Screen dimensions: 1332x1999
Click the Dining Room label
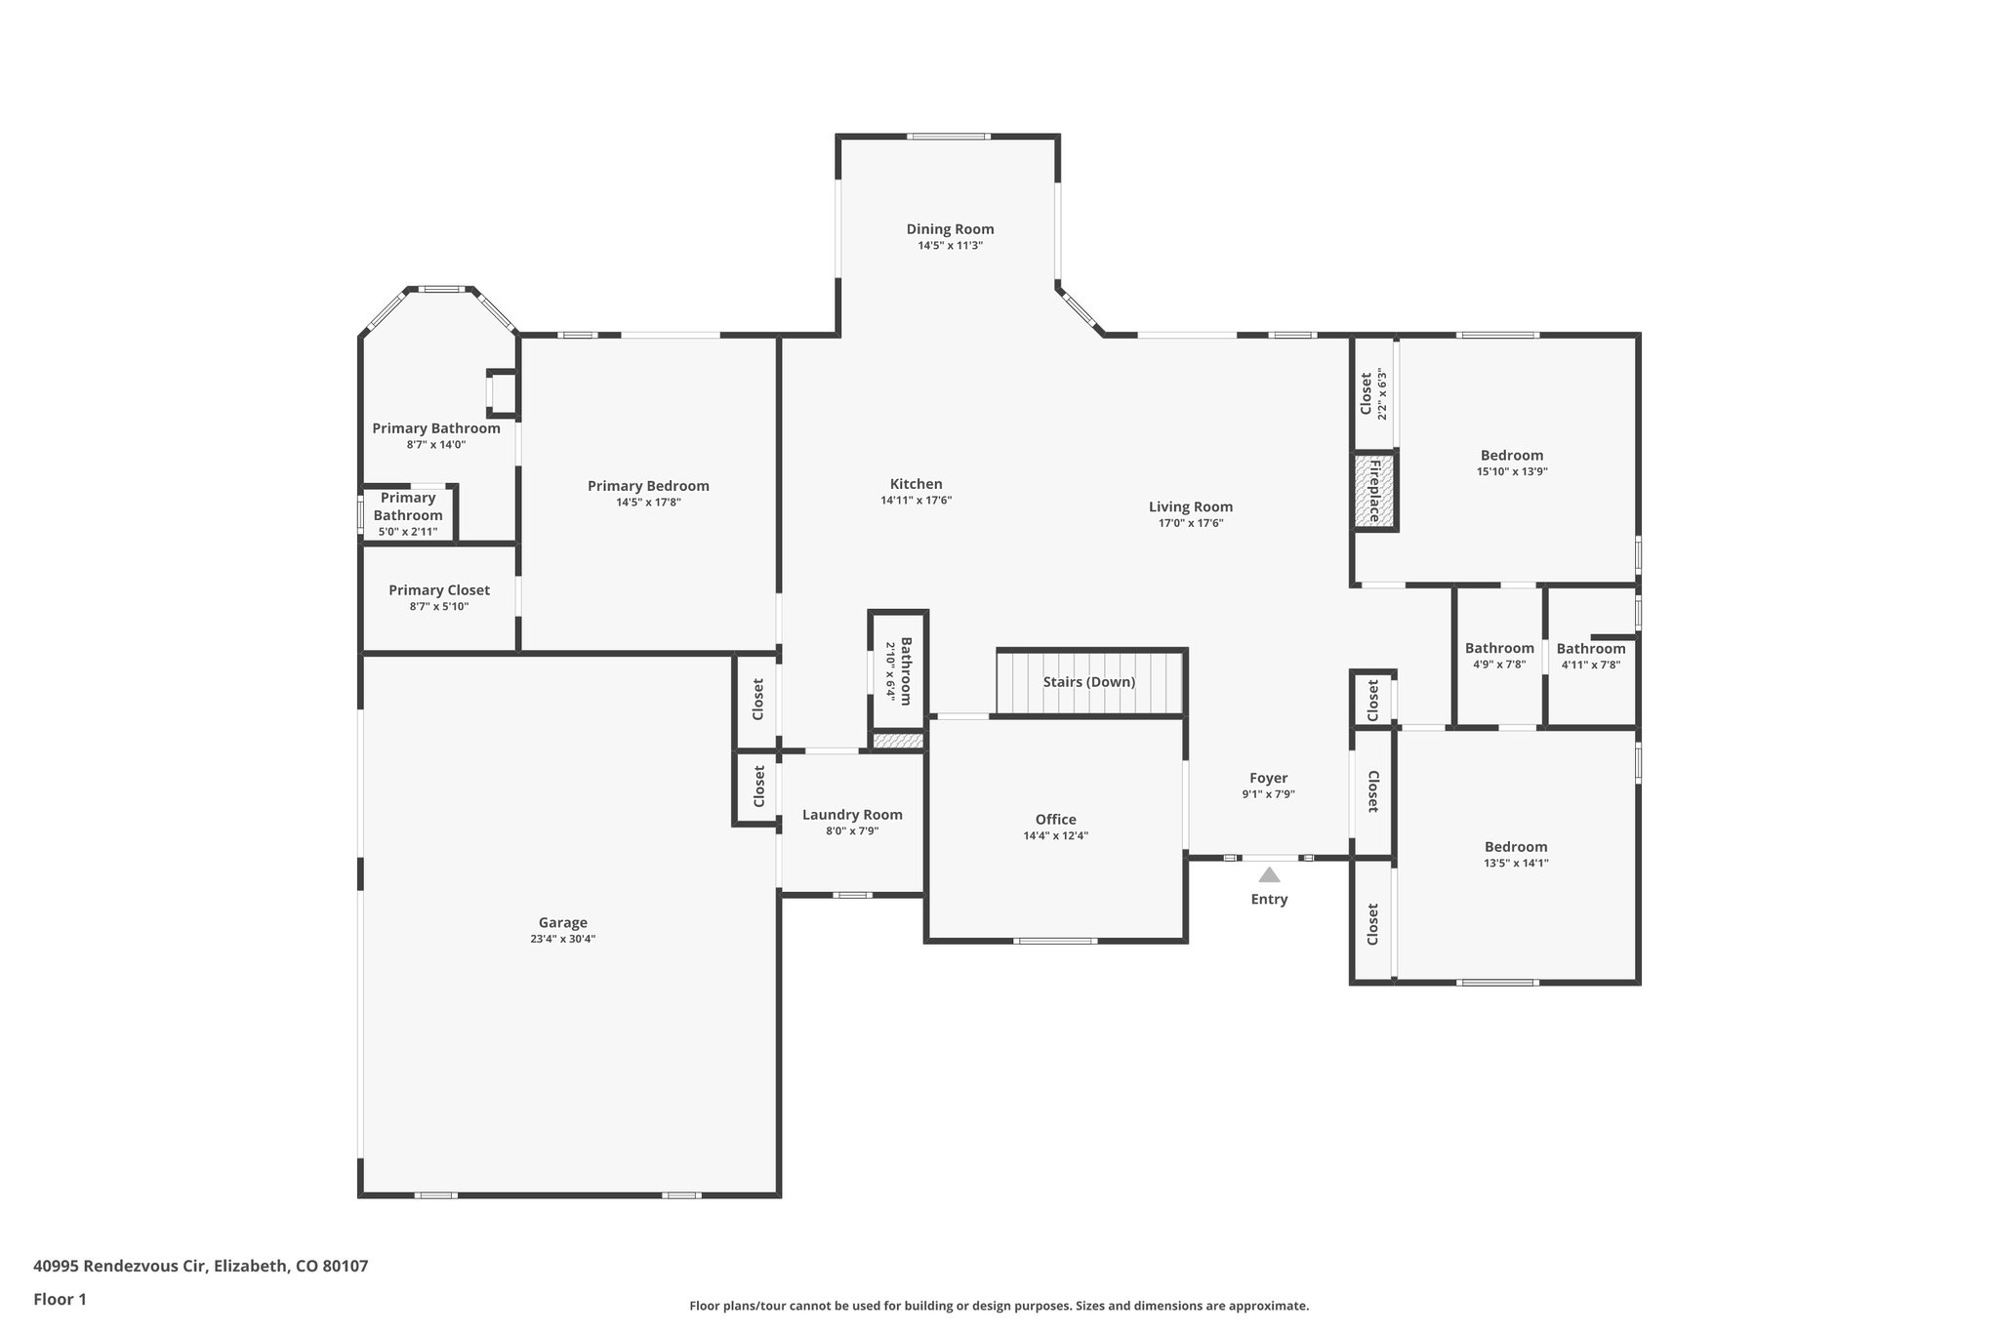[950, 229]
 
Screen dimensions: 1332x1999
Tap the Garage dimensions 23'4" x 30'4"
[562, 939]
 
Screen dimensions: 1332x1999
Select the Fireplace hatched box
[1374, 491]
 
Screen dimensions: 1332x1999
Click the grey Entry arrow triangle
[1269, 875]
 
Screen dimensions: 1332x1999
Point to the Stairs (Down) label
[1088, 682]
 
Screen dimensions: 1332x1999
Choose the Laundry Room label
[852, 815]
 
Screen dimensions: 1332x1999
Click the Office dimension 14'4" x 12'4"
[1055, 835]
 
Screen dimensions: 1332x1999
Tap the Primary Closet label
[439, 590]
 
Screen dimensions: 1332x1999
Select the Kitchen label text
[916, 484]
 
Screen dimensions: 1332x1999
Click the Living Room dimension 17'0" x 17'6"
[1190, 523]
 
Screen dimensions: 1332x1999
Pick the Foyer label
[1268, 778]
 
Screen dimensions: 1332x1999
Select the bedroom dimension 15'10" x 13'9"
[1512, 471]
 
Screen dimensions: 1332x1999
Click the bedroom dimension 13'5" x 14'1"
[1516, 863]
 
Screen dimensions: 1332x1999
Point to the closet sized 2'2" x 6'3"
[1372, 394]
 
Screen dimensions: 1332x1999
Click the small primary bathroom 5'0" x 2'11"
[408, 514]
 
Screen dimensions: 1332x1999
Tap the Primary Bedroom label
[648, 486]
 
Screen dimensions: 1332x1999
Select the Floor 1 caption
[60, 1299]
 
